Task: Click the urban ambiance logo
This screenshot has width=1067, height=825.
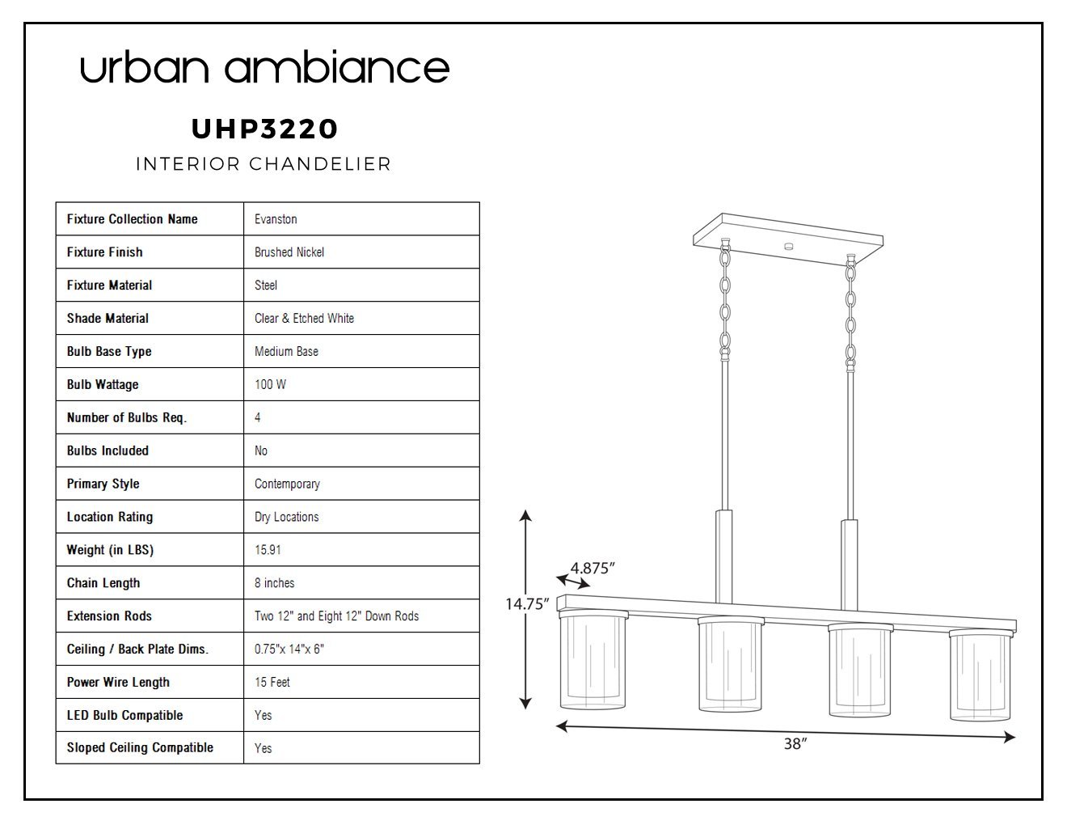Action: (264, 66)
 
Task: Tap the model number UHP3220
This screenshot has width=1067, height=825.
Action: (264, 129)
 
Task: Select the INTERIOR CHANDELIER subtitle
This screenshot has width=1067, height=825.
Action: (264, 164)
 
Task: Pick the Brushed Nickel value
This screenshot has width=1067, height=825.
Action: (289, 252)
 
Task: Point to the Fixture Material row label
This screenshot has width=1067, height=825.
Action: (109, 285)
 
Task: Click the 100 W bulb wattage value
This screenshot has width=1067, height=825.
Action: (270, 384)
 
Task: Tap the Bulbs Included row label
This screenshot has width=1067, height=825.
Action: (108, 451)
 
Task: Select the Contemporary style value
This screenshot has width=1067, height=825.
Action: (287, 484)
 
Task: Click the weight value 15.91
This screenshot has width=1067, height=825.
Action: (268, 550)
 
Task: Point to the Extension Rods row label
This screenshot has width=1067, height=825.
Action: (109, 616)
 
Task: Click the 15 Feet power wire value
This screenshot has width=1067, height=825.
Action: (272, 682)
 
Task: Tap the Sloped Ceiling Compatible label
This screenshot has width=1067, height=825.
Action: (140, 748)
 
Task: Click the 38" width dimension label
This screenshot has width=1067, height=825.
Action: (795, 744)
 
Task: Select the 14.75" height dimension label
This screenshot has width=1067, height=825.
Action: (527, 604)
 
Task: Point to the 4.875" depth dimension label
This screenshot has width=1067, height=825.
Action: (593, 569)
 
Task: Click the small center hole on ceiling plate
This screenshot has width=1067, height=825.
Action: (789, 247)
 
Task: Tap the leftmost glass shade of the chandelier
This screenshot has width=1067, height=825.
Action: (593, 661)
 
